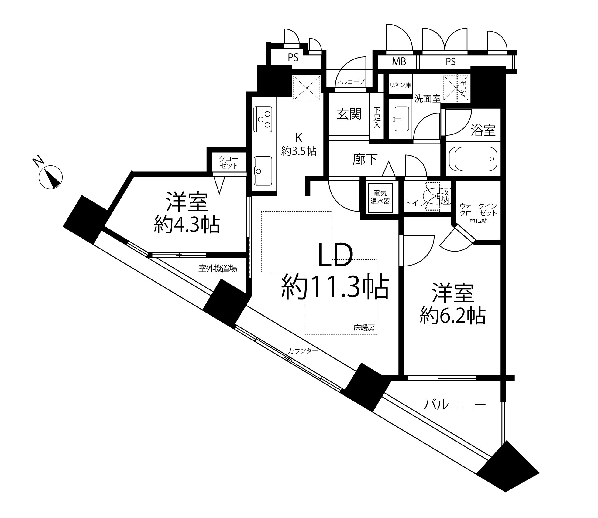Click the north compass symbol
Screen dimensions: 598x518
click(50, 176)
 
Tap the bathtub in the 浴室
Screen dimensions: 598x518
click(473, 159)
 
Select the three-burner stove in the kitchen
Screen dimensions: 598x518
click(263, 119)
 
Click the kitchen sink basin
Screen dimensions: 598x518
click(263, 171)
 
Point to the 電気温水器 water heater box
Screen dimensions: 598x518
click(380, 198)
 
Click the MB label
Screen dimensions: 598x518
click(399, 62)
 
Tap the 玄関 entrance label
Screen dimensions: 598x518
click(349, 115)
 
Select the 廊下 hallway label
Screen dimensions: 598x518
click(365, 160)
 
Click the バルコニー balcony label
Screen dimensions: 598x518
click(455, 405)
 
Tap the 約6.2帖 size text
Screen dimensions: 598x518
click(452, 316)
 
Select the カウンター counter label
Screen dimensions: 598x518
click(303, 351)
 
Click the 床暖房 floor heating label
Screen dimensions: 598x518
click(364, 328)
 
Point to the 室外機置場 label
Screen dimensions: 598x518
click(218, 268)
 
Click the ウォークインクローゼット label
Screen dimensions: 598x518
click(478, 209)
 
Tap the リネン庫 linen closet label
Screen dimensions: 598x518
click(400, 85)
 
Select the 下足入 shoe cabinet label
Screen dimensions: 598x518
click(377, 117)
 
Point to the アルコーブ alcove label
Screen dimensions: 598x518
click(350, 82)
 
